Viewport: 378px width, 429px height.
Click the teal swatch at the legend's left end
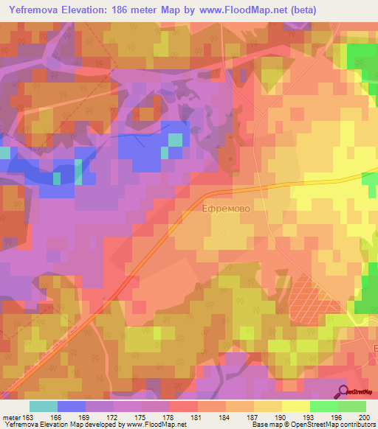(x=43, y=406)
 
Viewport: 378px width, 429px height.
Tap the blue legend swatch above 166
(x=71, y=406)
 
